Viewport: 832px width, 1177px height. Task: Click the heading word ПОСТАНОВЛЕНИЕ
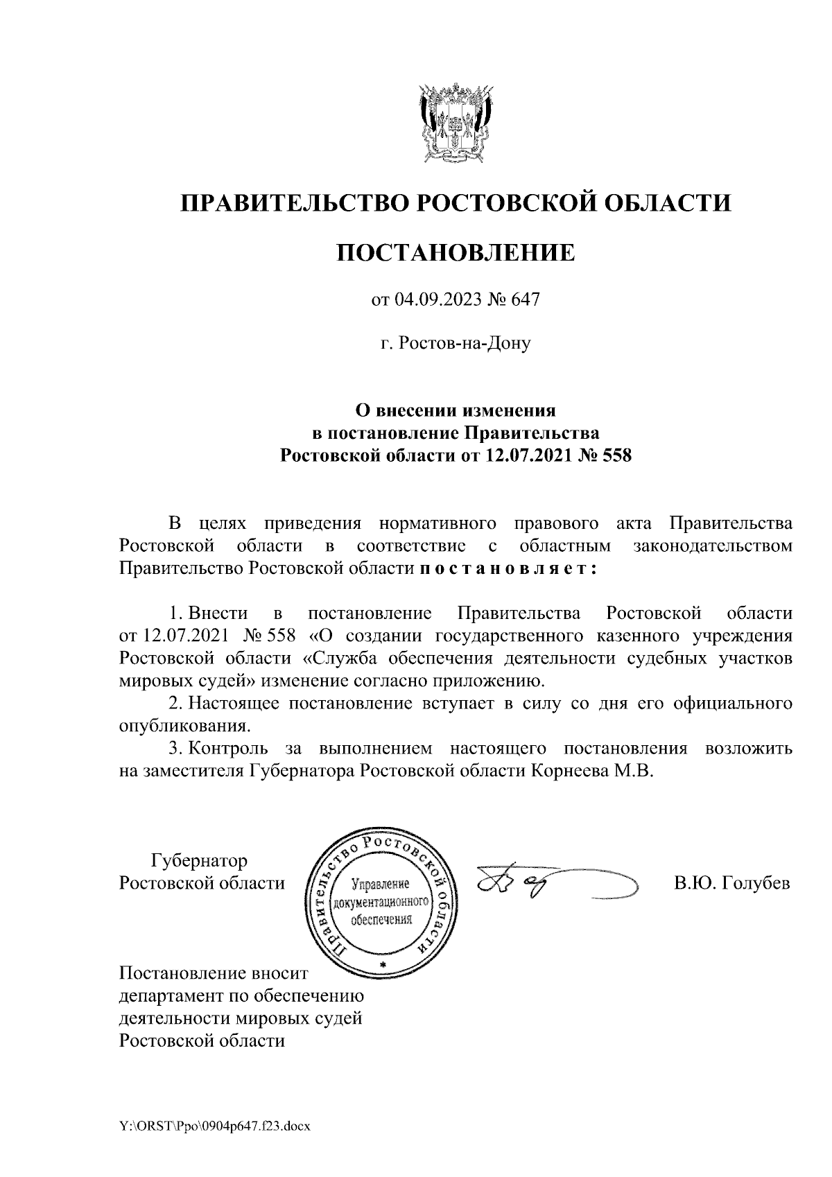coord(456,252)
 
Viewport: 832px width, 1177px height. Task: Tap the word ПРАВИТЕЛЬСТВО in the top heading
coord(292,202)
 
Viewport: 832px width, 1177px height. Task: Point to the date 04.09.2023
coord(432,300)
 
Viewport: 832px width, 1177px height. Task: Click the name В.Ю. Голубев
coord(731,884)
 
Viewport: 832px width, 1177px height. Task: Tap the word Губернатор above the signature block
coord(199,862)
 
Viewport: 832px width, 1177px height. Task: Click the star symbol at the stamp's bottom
coord(381,965)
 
